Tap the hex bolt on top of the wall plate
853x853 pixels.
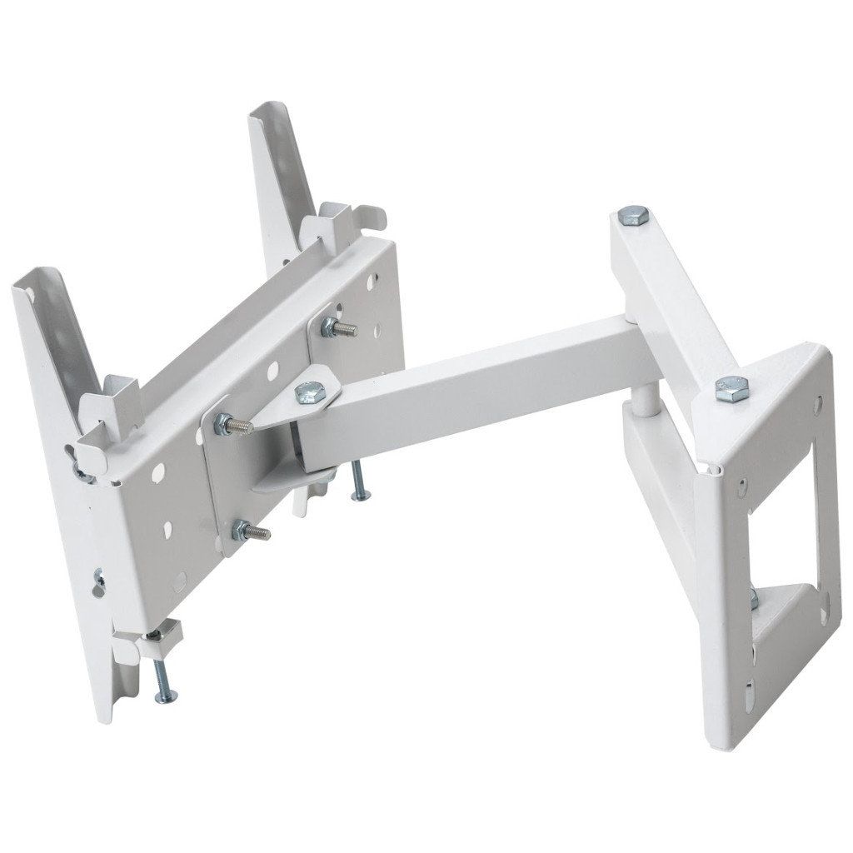click(731, 386)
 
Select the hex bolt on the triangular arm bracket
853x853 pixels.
click(310, 391)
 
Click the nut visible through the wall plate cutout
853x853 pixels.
click(754, 599)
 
